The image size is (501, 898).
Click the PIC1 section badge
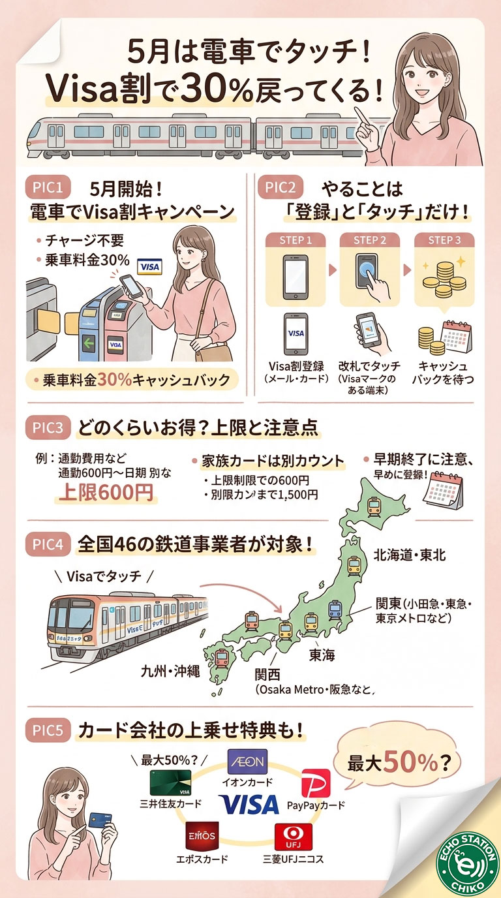pyautogui.click(x=47, y=189)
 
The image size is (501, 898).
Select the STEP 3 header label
pyautogui.click(x=444, y=240)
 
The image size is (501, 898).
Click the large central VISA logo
pyautogui.click(x=249, y=805)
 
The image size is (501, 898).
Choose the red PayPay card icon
pyautogui.click(x=316, y=782)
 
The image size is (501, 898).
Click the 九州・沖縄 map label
pyautogui.click(x=170, y=670)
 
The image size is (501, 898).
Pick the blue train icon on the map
pyautogui.click(x=335, y=610)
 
